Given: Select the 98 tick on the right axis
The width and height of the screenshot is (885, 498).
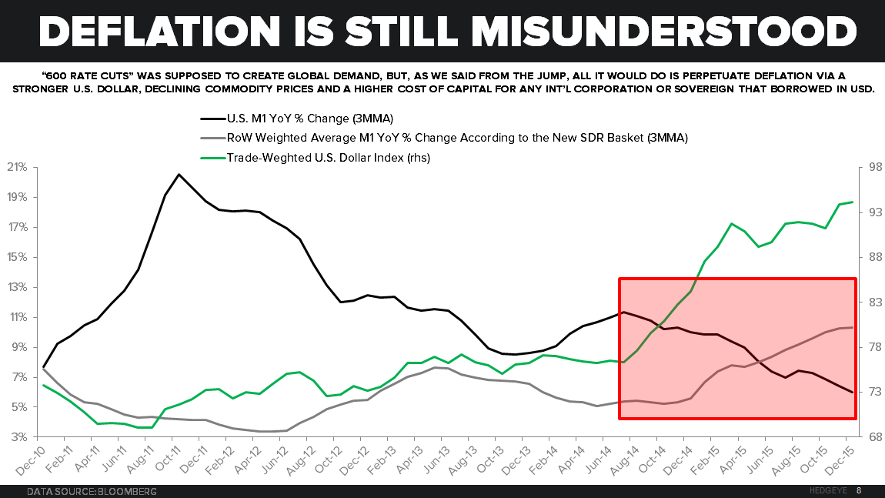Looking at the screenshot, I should click(869, 168).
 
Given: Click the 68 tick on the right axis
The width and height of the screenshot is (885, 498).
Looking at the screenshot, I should click(869, 437).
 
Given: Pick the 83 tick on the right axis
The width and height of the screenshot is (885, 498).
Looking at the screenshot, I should click(869, 302).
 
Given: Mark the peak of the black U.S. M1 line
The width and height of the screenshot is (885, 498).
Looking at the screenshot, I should click(179, 174).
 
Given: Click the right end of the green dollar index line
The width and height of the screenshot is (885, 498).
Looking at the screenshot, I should click(853, 202).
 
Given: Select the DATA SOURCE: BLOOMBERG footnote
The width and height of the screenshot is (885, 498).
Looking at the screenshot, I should click(92, 490).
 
